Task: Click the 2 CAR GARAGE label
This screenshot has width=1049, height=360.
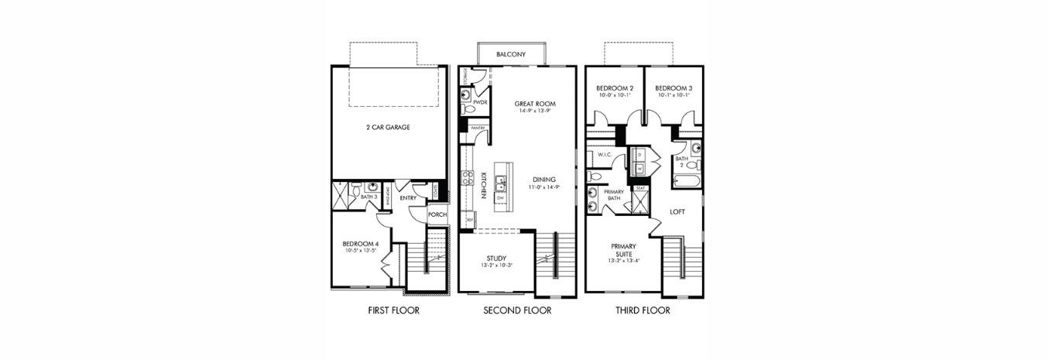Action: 388,127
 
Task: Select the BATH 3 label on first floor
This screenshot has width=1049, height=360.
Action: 369,197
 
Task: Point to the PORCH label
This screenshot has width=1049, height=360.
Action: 437,214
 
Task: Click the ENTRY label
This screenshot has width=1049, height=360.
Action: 408,198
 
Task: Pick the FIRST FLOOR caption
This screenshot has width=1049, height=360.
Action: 394,311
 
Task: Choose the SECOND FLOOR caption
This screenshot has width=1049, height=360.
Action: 517,311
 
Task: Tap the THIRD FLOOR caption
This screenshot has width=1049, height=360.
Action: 643,311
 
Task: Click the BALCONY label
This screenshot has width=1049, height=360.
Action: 511,54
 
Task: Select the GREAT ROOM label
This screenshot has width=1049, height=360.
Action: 535,104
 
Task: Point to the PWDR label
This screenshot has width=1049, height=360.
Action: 479,102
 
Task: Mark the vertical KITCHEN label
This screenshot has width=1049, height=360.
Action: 482,185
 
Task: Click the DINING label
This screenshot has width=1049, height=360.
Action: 543,180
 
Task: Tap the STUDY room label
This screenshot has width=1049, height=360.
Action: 496,258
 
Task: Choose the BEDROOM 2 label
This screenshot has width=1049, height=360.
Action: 615,89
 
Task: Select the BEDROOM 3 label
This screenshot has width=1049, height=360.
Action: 674,89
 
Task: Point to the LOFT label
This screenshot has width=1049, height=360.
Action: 677,211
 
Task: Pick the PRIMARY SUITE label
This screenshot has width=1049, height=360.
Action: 623,249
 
